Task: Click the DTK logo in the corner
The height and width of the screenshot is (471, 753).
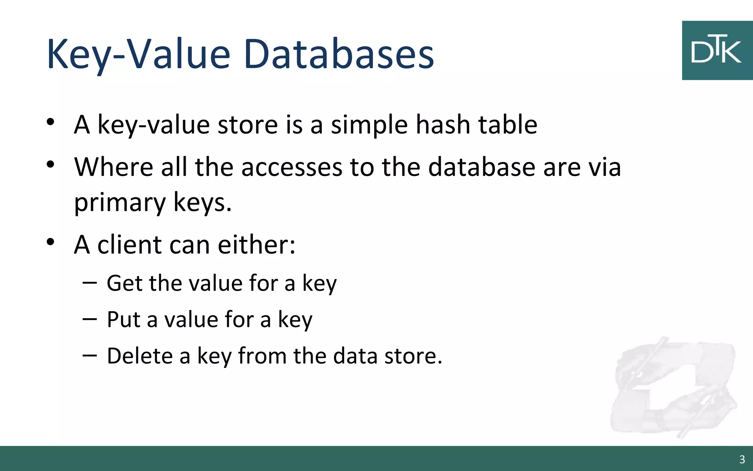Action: (717, 50)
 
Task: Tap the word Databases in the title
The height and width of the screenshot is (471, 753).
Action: (338, 54)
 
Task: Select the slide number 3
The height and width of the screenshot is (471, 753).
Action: (742, 459)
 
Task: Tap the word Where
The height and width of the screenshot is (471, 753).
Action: (114, 167)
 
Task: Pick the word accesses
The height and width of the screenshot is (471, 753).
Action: (292, 168)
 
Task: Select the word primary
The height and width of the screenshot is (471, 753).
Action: (120, 203)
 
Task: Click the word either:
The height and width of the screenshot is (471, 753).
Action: (256, 244)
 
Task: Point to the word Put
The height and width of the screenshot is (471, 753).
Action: (124, 319)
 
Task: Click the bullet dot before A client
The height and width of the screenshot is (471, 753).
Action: (51, 242)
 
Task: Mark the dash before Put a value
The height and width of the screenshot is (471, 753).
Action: (90, 319)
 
